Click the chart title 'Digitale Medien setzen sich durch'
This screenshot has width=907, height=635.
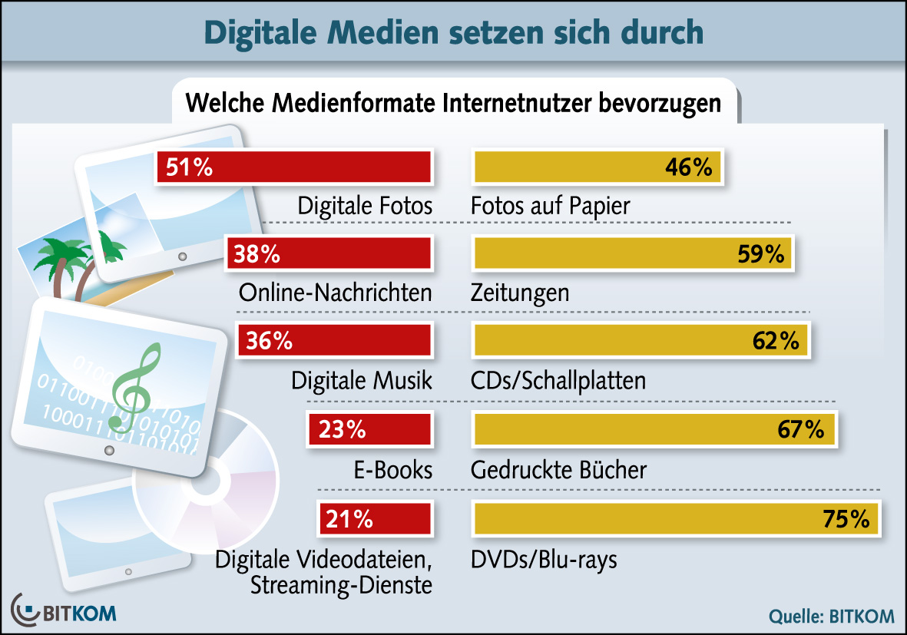453,31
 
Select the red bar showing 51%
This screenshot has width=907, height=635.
293,167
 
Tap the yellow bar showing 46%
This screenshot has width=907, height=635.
597,167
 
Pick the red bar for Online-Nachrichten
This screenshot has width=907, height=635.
328,254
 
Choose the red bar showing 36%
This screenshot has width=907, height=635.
334,340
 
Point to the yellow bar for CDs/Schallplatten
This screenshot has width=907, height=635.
641,340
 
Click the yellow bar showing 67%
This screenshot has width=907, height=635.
653,430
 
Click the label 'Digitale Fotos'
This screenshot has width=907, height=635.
366,206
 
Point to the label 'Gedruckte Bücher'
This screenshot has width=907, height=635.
558,469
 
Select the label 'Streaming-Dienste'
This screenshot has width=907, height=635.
341,585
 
